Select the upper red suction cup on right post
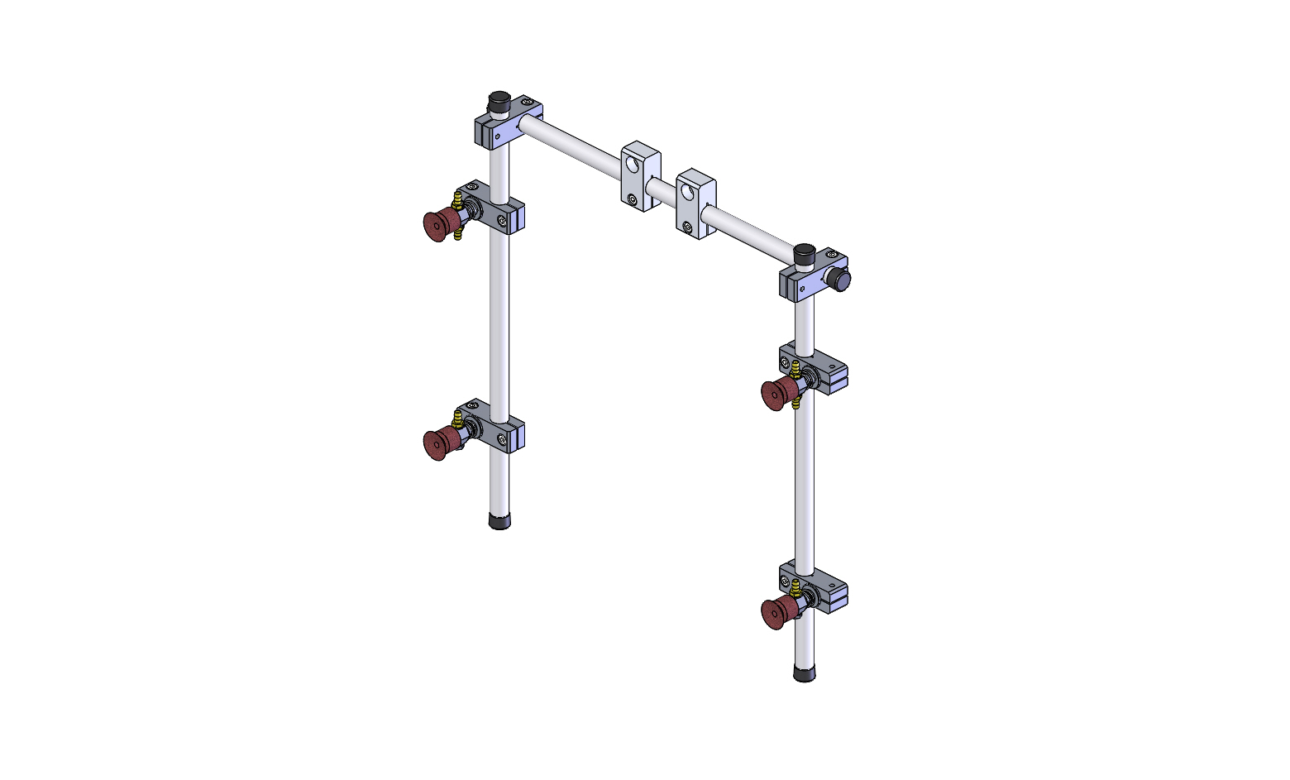tap(775, 395)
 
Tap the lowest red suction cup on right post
tap(775, 614)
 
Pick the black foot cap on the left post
tap(499, 521)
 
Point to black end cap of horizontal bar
tap(842, 280)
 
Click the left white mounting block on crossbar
tap(640, 175)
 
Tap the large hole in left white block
tap(633, 162)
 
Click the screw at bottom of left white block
tap(632, 199)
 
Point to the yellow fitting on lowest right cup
tap(795, 588)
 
